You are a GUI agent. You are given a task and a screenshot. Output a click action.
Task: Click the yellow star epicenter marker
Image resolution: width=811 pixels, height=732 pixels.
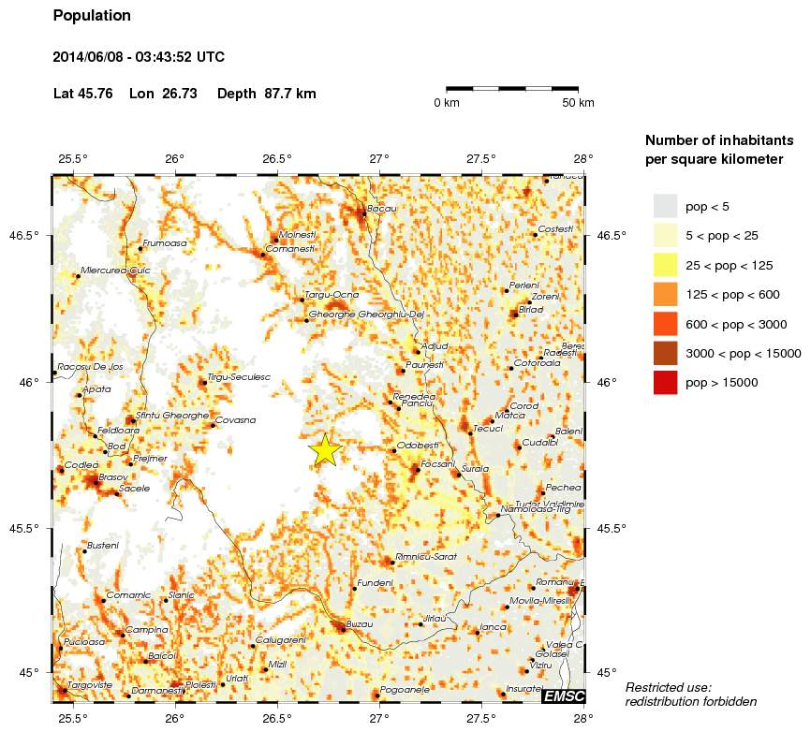coord(324,449)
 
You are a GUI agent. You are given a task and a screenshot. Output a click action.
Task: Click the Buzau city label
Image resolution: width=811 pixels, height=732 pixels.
coord(360,623)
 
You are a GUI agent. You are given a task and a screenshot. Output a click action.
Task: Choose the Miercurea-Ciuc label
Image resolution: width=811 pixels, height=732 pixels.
coord(115,271)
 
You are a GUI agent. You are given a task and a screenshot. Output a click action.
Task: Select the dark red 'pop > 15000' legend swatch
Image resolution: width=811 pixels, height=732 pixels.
coord(665,383)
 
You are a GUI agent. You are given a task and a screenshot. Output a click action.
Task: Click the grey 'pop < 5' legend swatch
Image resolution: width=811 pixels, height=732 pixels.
coord(665,206)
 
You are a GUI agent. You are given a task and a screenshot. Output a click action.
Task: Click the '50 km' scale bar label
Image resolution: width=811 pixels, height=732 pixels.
coord(578,103)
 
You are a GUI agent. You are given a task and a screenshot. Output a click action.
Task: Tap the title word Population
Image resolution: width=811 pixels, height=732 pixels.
coord(92,16)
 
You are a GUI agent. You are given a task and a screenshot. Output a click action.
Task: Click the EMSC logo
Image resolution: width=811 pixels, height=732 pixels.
coord(563,695)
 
